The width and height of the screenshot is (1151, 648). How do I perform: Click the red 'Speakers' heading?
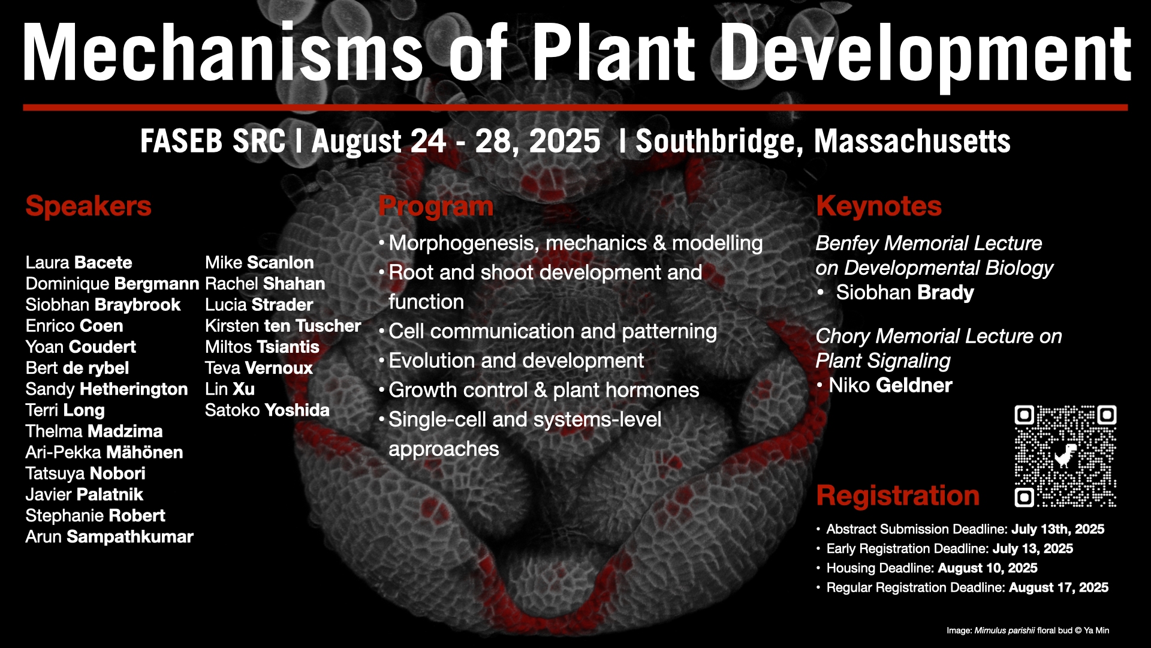pos(88,206)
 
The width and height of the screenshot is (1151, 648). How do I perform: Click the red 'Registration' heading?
pos(898,496)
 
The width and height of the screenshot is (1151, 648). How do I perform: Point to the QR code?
pos(1065,456)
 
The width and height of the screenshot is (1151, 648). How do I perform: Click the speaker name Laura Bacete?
pos(79,263)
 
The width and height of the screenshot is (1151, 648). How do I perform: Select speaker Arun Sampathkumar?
pos(109,537)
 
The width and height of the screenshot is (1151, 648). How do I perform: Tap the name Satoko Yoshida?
pos(267,410)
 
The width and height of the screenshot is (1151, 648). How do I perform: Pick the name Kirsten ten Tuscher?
pos(283,326)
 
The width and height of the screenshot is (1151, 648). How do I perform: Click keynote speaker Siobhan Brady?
pos(905,293)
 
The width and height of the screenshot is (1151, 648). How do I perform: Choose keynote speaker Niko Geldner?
pos(890,385)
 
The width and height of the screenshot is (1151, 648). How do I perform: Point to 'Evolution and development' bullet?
pos(516,361)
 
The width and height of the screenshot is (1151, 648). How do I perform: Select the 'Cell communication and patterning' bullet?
pos(553,331)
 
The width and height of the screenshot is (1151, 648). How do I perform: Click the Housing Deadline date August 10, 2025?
pos(987,568)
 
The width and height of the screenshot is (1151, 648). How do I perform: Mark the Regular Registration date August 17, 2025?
pos(1059,587)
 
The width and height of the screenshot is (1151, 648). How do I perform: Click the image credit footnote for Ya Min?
pos(1028,631)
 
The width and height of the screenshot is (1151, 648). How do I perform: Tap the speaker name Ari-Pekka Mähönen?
pos(104,452)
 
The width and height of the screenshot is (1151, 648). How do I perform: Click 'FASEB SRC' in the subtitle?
pos(213,142)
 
